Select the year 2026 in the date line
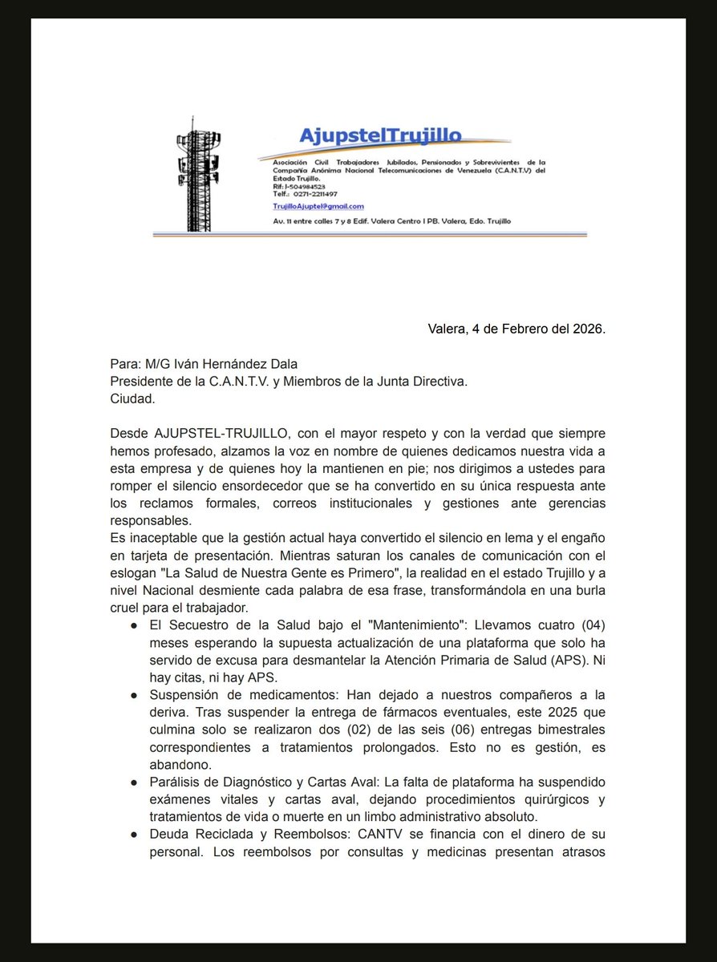point(586,329)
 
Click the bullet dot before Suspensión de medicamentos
point(133,695)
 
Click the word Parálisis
point(175,782)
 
